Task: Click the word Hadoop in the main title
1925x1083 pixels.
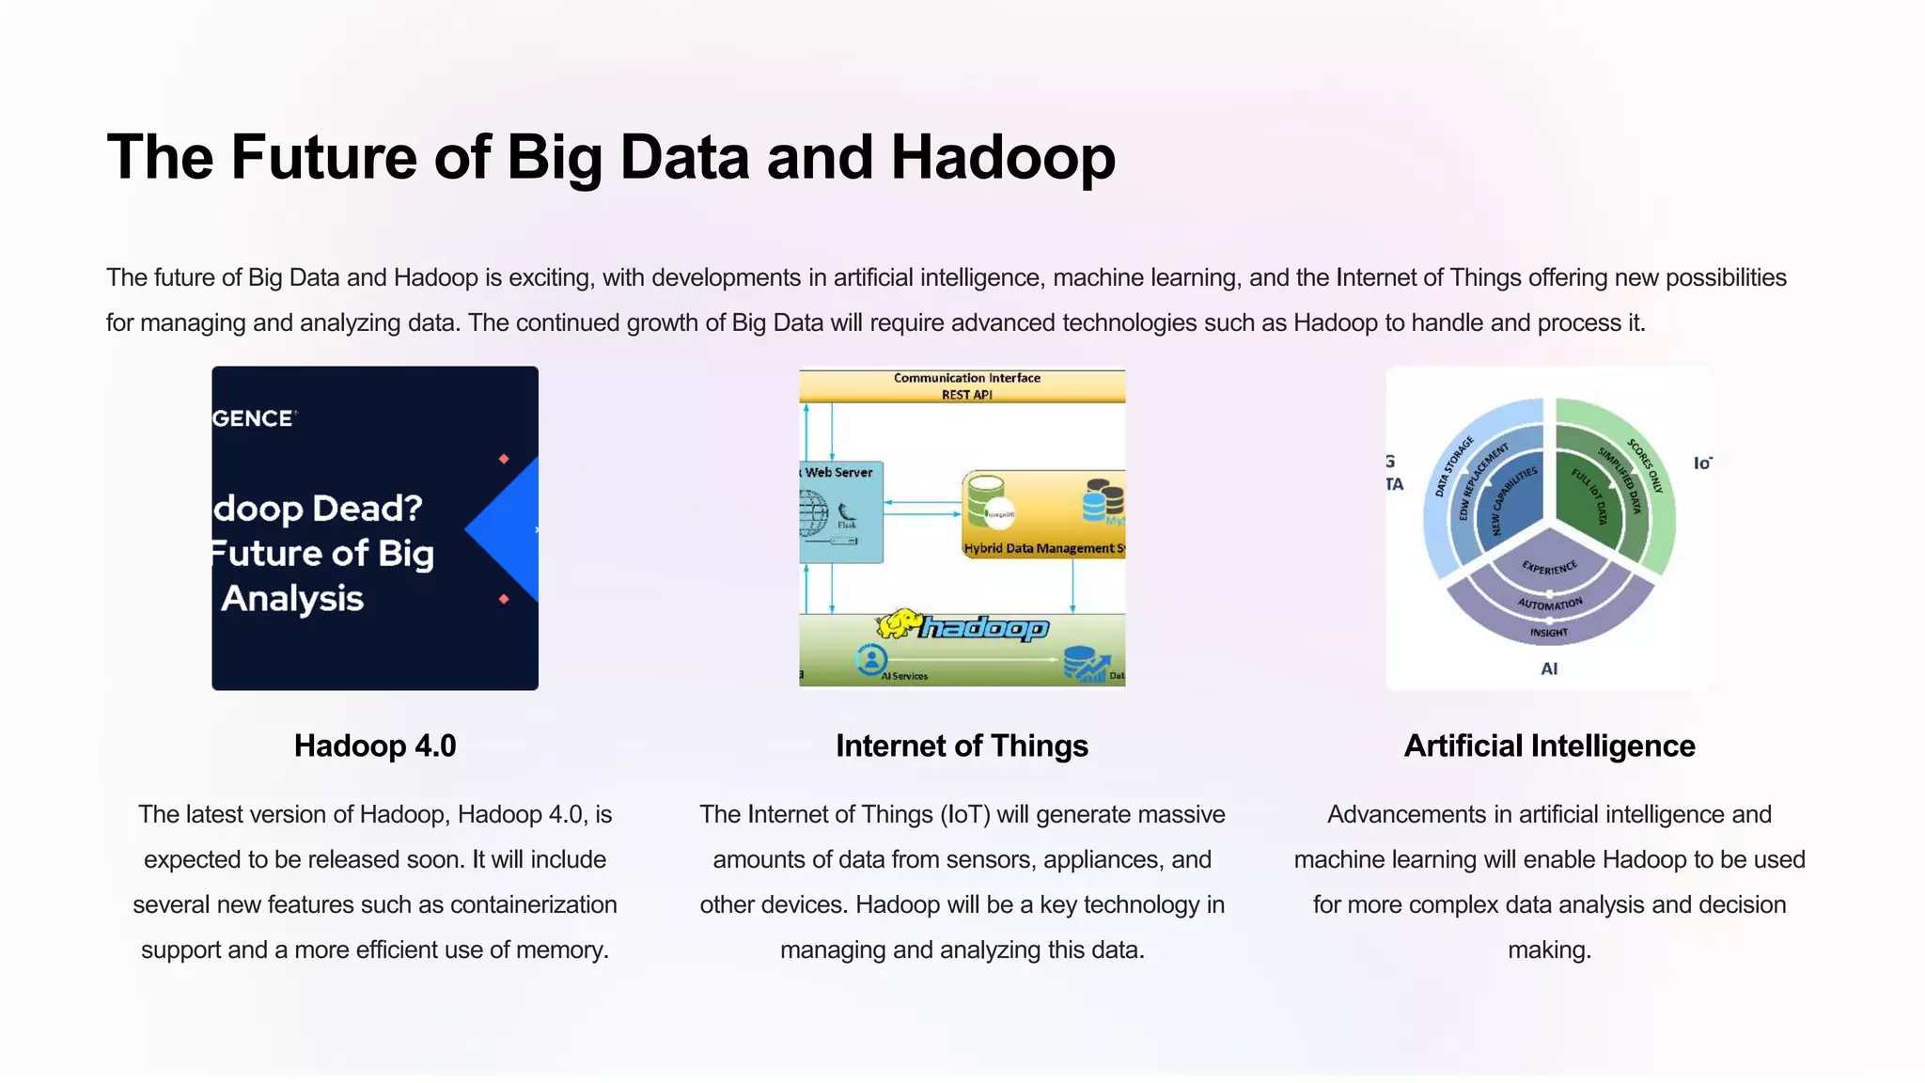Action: [x=1002, y=157]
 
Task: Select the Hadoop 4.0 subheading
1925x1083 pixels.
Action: [x=375, y=746]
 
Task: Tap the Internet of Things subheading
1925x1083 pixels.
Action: [x=962, y=746]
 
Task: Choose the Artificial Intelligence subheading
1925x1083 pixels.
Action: [x=1549, y=746]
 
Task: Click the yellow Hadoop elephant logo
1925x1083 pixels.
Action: [x=899, y=623]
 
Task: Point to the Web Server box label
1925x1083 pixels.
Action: [x=838, y=473]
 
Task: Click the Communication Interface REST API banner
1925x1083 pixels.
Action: [x=966, y=385]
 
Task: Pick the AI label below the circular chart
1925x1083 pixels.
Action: [x=1549, y=669]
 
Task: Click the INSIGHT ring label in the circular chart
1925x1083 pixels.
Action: [x=1549, y=633]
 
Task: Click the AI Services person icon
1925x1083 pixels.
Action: [x=871, y=658]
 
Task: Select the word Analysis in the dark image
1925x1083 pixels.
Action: [x=292, y=599]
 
